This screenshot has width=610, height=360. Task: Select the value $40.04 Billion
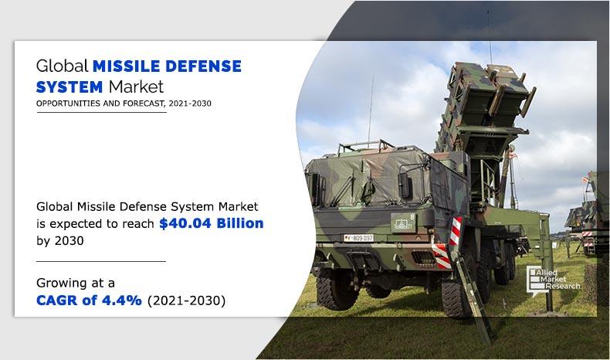[212, 224]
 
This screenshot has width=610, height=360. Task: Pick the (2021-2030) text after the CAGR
[185, 301]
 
